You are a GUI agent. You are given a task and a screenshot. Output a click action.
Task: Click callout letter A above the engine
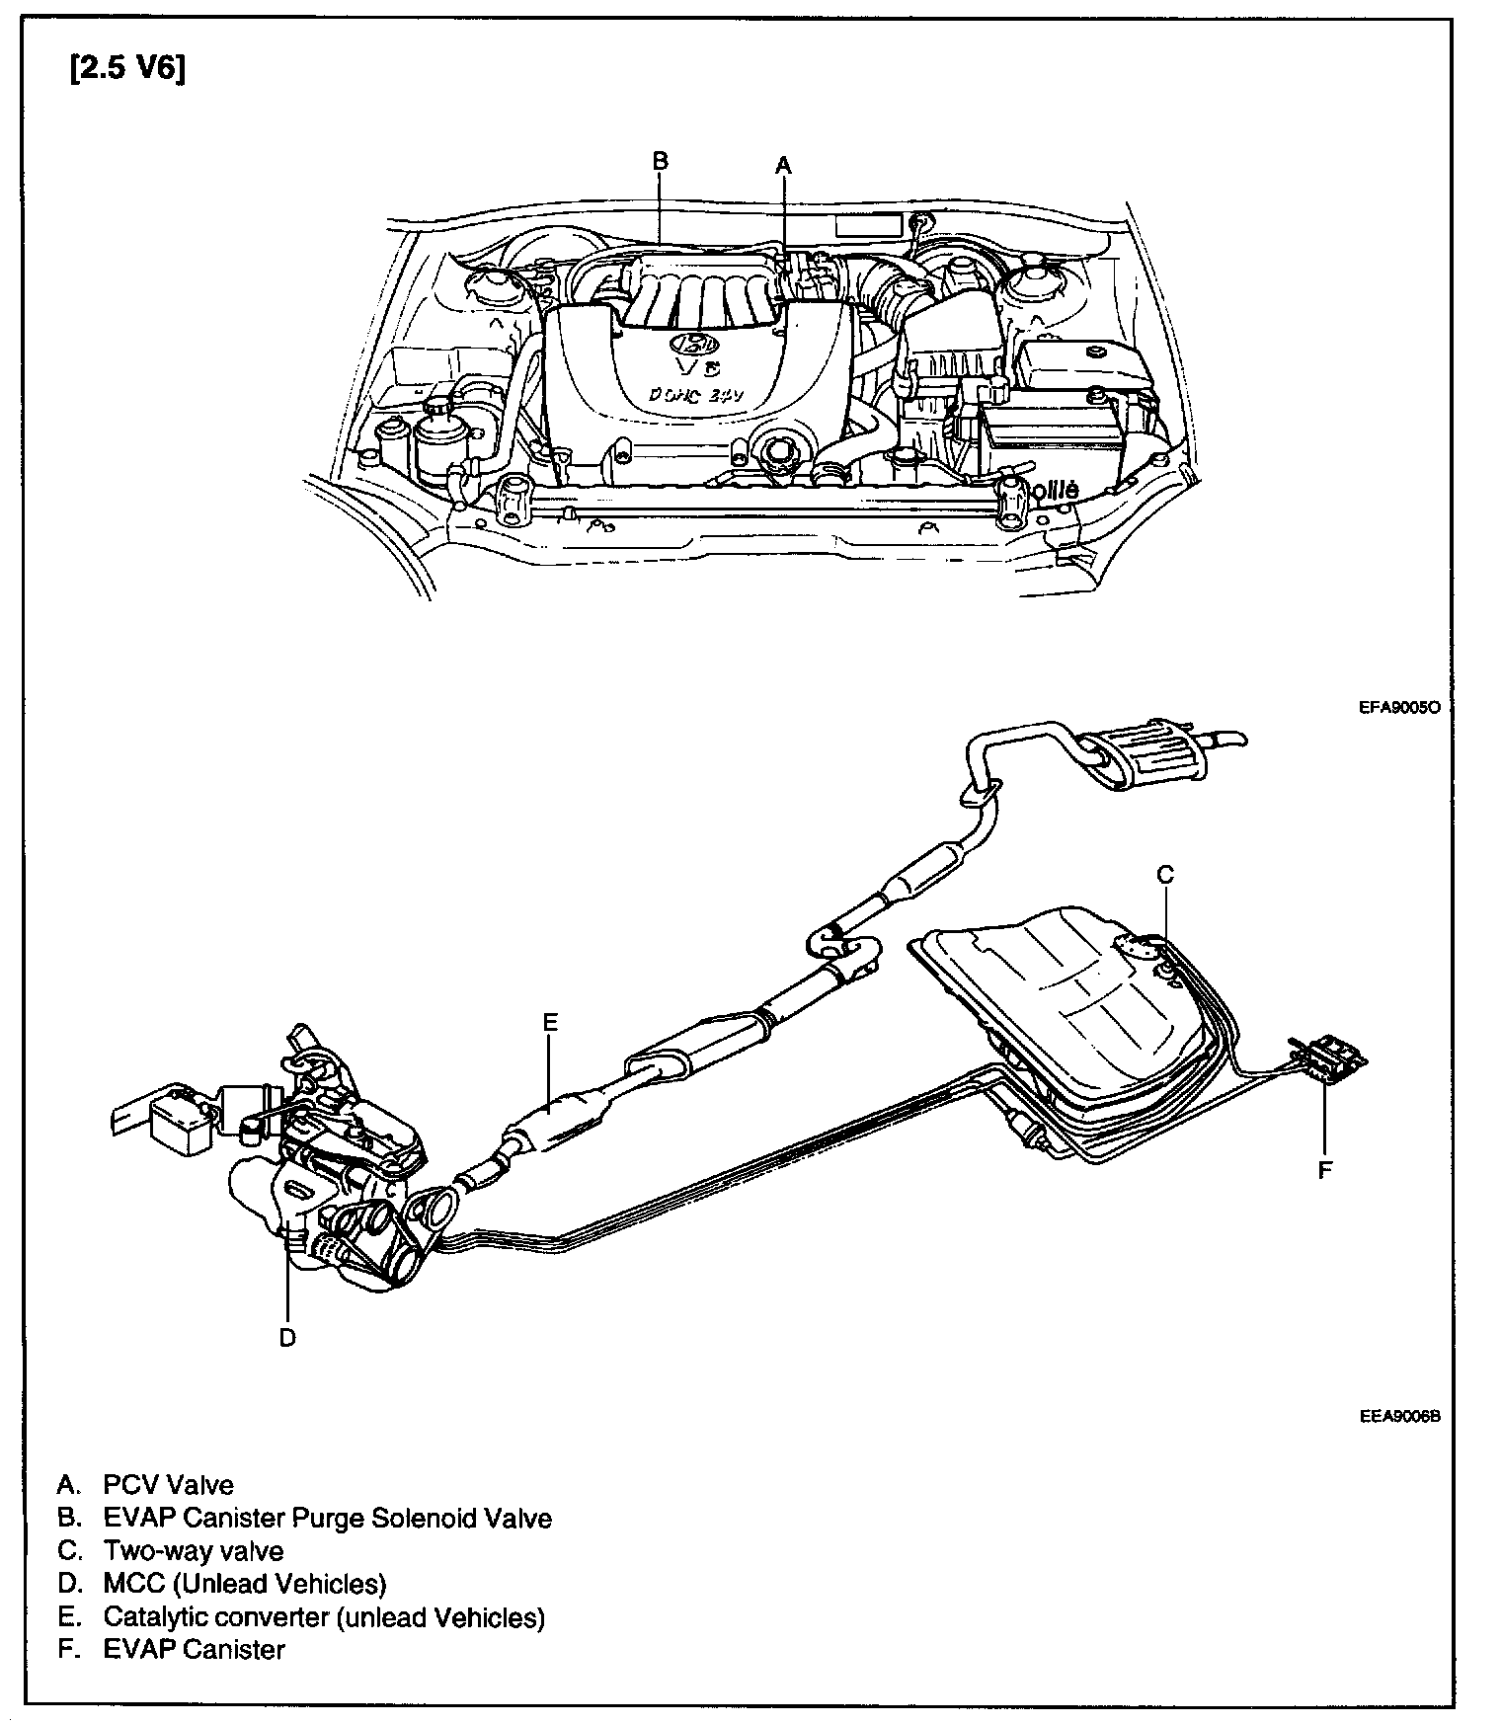(x=783, y=165)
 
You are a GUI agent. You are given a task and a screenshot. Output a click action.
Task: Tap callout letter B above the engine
(x=661, y=160)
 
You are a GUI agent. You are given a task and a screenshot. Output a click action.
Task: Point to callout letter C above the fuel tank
(x=1165, y=874)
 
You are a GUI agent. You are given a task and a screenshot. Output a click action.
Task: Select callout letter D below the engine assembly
(x=287, y=1337)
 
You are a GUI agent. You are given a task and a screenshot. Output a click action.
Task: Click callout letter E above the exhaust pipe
(x=550, y=1021)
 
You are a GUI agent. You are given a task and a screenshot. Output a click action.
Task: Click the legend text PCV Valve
(x=168, y=1484)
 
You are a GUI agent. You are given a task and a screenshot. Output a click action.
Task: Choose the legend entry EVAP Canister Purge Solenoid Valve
(x=327, y=1518)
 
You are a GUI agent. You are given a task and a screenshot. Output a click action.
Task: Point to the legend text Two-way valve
(x=194, y=1551)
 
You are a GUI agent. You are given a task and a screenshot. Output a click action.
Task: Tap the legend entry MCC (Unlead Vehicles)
(x=244, y=1584)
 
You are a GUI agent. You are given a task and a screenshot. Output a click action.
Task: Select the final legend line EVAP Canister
(x=194, y=1650)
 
